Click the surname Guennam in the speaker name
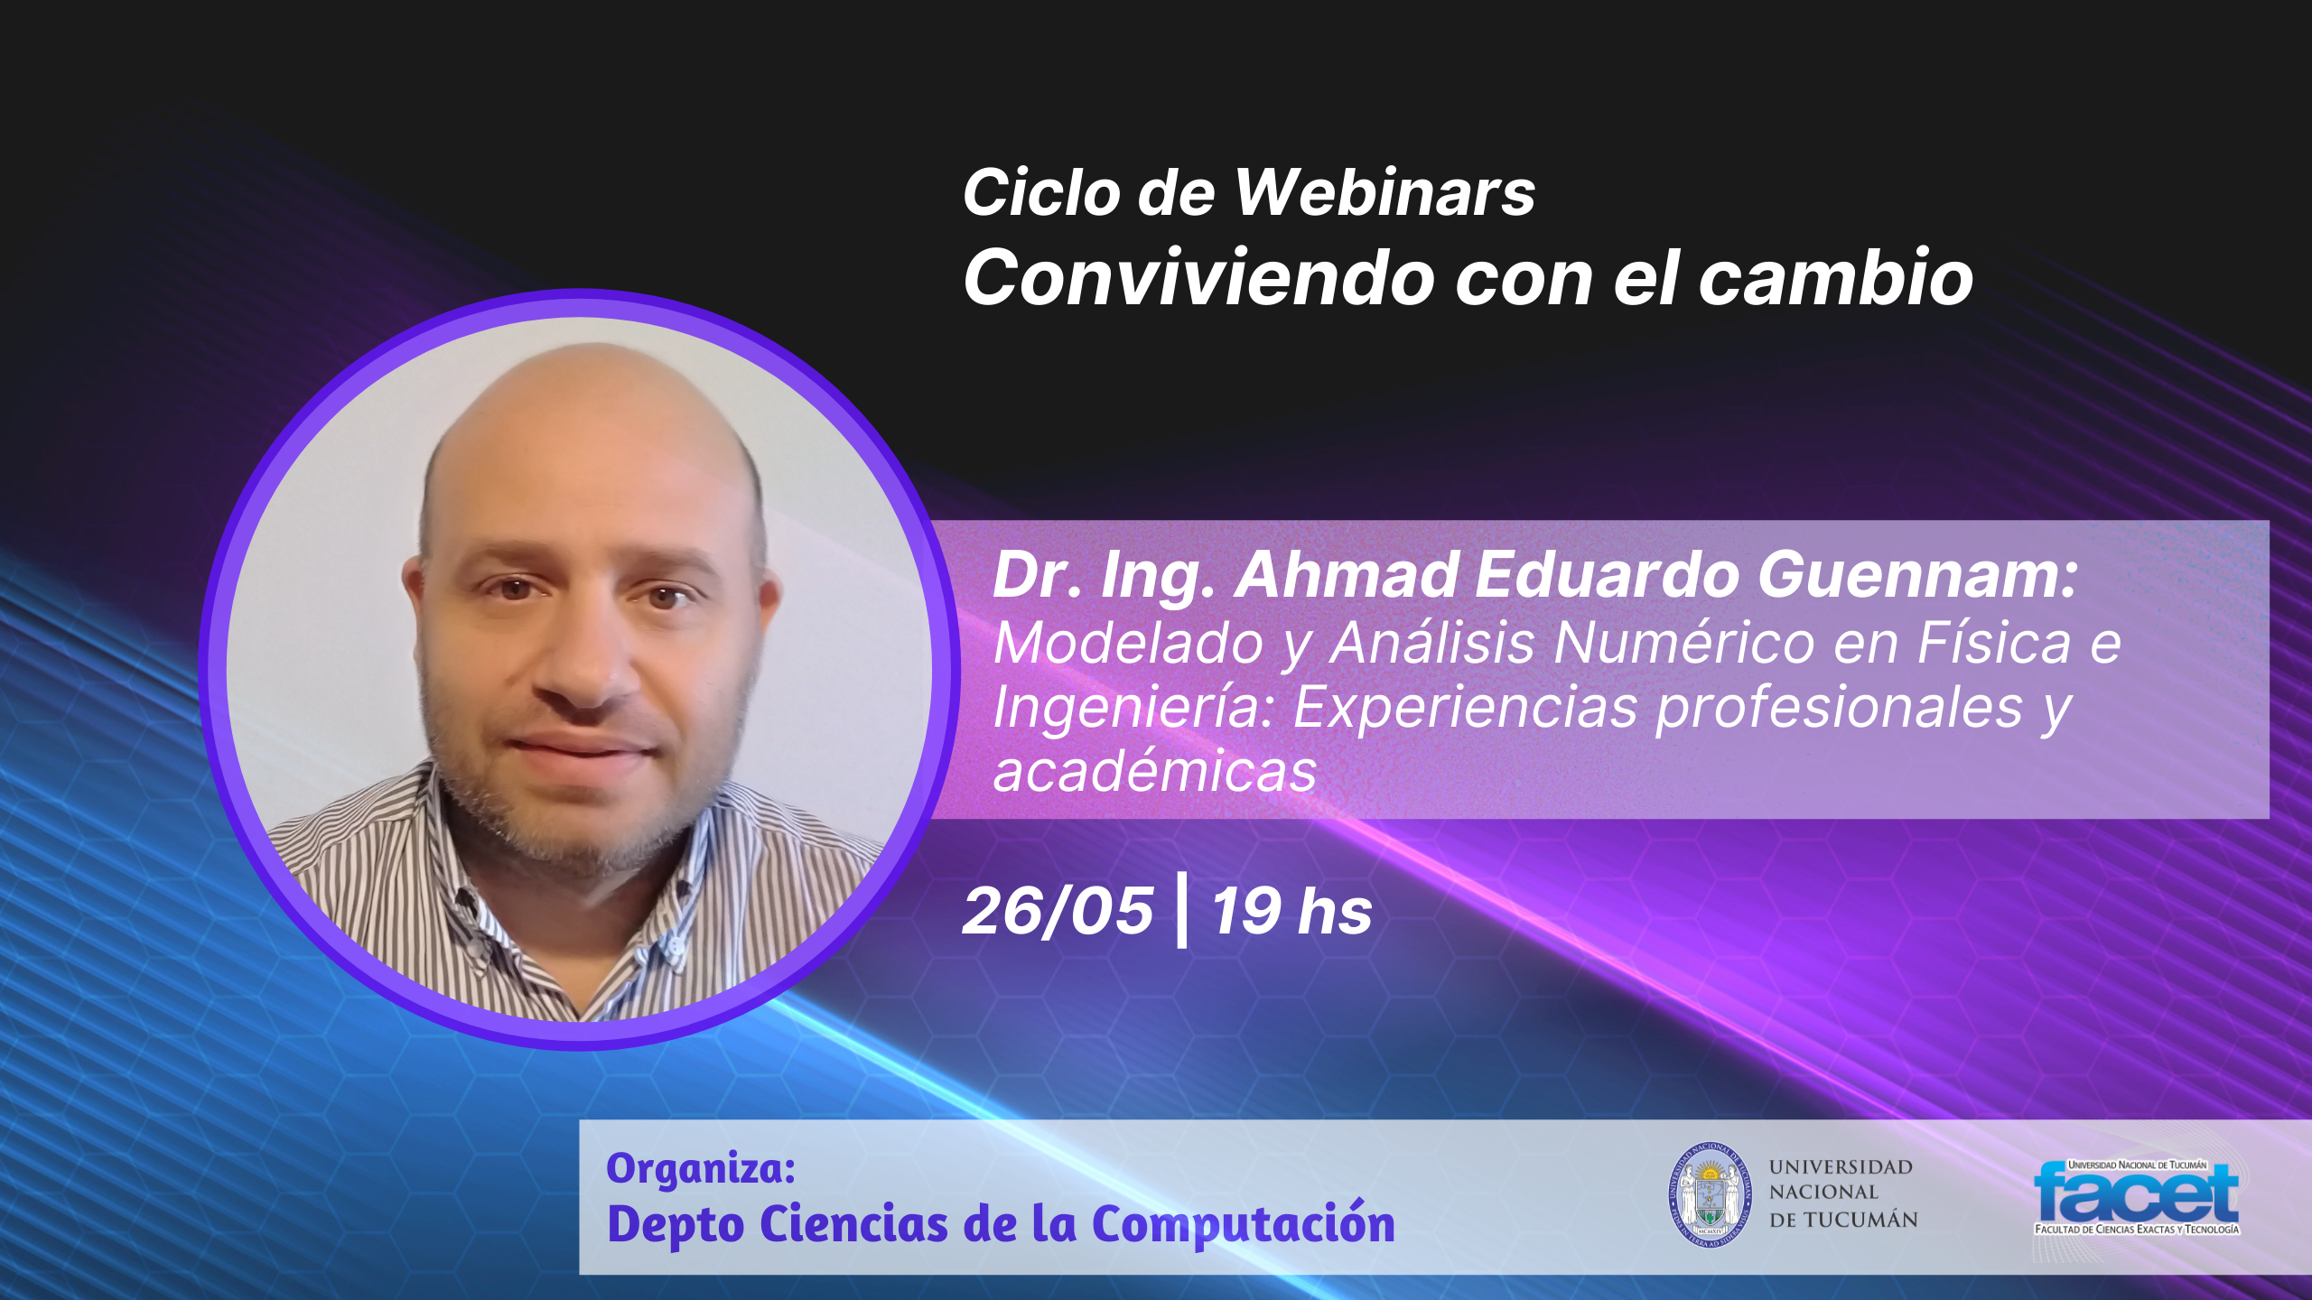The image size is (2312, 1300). coord(1917,575)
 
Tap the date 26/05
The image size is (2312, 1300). coord(1058,911)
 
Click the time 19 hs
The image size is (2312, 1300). coord(1291,911)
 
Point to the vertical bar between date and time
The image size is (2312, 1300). coord(1182,910)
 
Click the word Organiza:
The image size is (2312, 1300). coord(701,1168)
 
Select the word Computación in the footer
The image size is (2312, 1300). coord(1244,1225)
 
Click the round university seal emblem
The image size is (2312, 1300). coord(1708,1195)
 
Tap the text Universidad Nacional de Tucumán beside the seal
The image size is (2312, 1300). coord(1843,1193)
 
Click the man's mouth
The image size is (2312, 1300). coord(583,748)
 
